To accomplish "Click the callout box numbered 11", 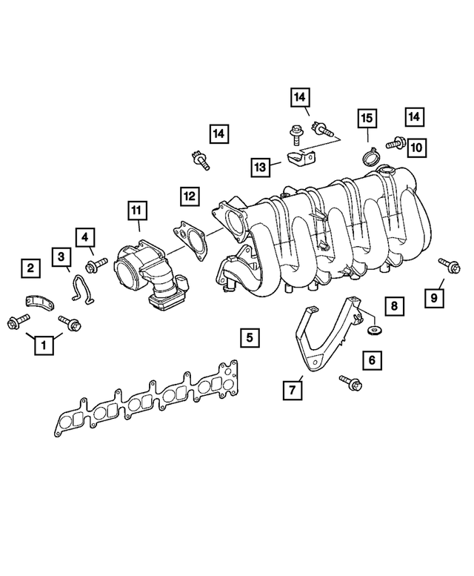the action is (x=137, y=211).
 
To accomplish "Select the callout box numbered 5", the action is (x=250, y=337).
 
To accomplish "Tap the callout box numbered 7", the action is (x=293, y=390).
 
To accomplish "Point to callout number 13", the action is (x=260, y=168).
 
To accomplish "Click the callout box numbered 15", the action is (x=367, y=118).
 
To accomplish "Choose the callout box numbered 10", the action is (x=416, y=148).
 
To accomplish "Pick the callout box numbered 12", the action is (x=190, y=196).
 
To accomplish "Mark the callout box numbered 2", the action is (x=30, y=268).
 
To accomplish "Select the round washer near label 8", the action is (x=374, y=330).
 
